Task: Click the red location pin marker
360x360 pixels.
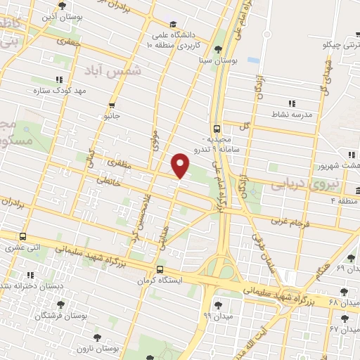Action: [x=181, y=165]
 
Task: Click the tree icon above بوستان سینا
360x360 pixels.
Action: [x=219, y=49]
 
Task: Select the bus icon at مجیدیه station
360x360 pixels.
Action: [x=217, y=128]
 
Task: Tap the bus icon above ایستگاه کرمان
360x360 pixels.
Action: [x=160, y=269]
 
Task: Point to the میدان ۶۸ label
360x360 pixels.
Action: [x=344, y=302]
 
